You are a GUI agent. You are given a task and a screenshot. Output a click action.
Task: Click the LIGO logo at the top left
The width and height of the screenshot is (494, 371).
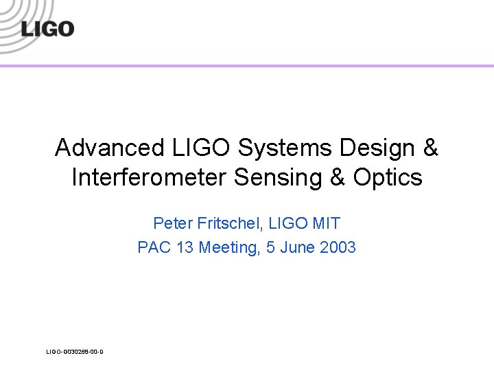coord(47,29)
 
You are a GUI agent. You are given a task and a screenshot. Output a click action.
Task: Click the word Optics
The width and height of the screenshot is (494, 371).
coord(388,178)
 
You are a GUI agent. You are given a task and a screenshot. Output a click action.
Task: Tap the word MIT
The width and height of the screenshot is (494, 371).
coord(327,223)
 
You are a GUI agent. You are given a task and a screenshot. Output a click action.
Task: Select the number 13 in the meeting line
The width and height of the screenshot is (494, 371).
coord(185,247)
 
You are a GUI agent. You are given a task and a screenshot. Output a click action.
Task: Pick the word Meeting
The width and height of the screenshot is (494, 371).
coord(226,247)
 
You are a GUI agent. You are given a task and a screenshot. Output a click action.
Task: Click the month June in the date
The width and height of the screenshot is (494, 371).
coord(297,247)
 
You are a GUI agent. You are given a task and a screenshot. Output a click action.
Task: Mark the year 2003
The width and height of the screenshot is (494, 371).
coord(338,247)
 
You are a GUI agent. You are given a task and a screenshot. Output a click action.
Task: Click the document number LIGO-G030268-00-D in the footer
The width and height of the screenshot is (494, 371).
coord(75,352)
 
